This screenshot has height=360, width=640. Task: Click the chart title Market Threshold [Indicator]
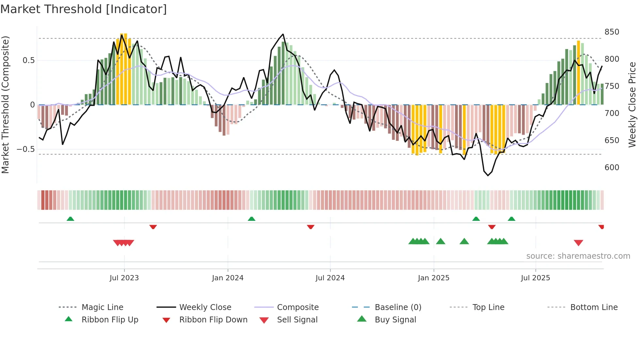(84, 9)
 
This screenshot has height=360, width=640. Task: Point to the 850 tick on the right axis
(612, 32)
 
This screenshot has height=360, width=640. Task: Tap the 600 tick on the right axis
(612, 168)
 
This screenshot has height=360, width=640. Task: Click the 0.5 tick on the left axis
(28, 60)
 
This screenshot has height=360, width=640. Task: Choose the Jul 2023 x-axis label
(124, 278)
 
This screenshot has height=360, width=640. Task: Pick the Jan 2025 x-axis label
(433, 278)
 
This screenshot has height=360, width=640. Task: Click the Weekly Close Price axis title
(632, 105)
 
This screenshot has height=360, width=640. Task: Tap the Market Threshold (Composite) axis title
(5, 105)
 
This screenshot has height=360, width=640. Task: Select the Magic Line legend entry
(102, 307)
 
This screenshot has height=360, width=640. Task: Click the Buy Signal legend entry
(395, 320)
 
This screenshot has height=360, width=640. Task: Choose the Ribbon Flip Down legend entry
(213, 320)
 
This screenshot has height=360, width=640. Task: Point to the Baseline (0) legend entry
(398, 307)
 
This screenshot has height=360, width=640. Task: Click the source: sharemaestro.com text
(578, 256)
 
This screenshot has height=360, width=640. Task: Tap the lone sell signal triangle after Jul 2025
(578, 243)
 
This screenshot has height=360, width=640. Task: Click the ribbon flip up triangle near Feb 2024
(251, 219)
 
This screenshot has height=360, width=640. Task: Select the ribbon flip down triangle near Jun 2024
(311, 227)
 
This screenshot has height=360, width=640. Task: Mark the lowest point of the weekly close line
(488, 175)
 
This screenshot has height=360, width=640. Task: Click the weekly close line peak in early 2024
(283, 34)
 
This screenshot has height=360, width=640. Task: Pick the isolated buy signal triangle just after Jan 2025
(440, 241)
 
